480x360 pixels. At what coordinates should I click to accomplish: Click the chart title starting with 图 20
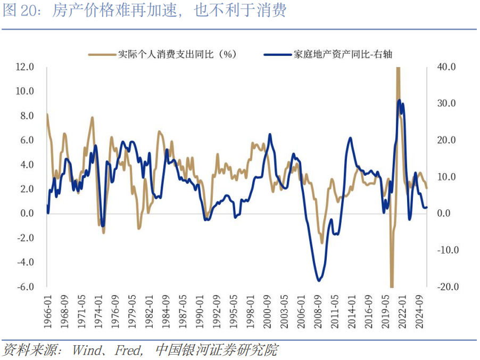pyautogui.click(x=145, y=11)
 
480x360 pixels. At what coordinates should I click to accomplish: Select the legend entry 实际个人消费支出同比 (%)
pyautogui.click(x=162, y=54)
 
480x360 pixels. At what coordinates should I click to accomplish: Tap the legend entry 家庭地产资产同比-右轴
pyautogui.click(x=328, y=54)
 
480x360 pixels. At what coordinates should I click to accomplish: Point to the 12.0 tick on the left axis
pyautogui.click(x=25, y=67)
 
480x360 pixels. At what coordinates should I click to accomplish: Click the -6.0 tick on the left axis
pyautogui.click(x=26, y=287)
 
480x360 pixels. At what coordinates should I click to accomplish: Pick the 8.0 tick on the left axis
pyautogui.click(x=27, y=116)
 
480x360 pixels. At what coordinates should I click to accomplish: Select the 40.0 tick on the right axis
pyautogui.click(x=446, y=67)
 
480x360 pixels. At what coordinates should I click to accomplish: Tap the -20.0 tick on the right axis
pyautogui.click(x=448, y=287)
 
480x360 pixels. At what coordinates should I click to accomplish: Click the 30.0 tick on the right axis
pyautogui.click(x=446, y=103)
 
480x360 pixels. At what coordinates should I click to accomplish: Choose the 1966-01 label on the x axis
pyautogui.click(x=48, y=312)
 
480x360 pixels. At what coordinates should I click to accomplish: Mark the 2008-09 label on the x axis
pyautogui.click(x=318, y=312)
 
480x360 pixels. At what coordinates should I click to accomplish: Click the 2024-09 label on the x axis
pyautogui.click(x=419, y=312)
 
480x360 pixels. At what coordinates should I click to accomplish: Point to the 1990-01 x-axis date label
pyautogui.click(x=200, y=312)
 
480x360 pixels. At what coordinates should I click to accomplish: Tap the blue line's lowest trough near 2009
pyautogui.click(x=319, y=280)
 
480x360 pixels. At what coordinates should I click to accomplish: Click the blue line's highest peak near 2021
pyautogui.click(x=399, y=101)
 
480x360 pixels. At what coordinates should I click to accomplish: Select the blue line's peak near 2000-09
pyautogui.click(x=270, y=135)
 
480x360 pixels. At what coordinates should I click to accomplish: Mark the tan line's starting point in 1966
pyautogui.click(x=47, y=114)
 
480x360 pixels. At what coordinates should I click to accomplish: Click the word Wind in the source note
pyautogui.click(x=87, y=350)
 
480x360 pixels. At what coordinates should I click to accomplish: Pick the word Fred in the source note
pyautogui.click(x=127, y=350)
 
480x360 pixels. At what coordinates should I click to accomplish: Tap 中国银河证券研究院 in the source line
pyautogui.click(x=217, y=350)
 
